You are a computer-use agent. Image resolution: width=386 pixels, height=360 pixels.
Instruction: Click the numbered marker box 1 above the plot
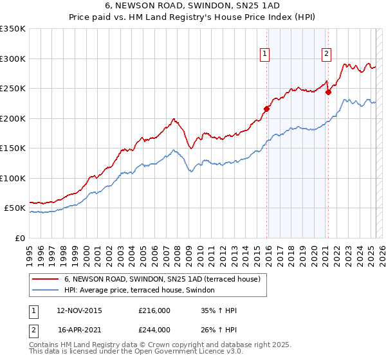tap(265, 55)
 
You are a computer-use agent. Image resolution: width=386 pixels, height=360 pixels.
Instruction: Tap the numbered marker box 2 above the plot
tap(327, 55)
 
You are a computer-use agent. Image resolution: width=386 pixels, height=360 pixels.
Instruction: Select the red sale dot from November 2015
tap(267, 109)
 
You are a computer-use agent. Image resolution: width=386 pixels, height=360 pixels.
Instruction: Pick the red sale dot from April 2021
tap(328, 92)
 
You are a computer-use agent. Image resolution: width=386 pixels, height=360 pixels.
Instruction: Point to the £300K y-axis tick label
tap(13, 59)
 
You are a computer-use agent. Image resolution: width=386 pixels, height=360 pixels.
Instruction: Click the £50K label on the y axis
tap(15, 208)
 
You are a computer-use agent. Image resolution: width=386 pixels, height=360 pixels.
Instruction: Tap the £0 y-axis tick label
tap(19, 238)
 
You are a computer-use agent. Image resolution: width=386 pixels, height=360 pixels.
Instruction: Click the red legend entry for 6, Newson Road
tap(161, 279)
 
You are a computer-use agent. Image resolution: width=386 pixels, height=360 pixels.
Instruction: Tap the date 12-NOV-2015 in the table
tap(79, 310)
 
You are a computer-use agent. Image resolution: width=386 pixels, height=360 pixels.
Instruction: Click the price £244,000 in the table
tap(154, 330)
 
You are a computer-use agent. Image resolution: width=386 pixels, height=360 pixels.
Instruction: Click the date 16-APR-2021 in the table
tap(79, 330)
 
